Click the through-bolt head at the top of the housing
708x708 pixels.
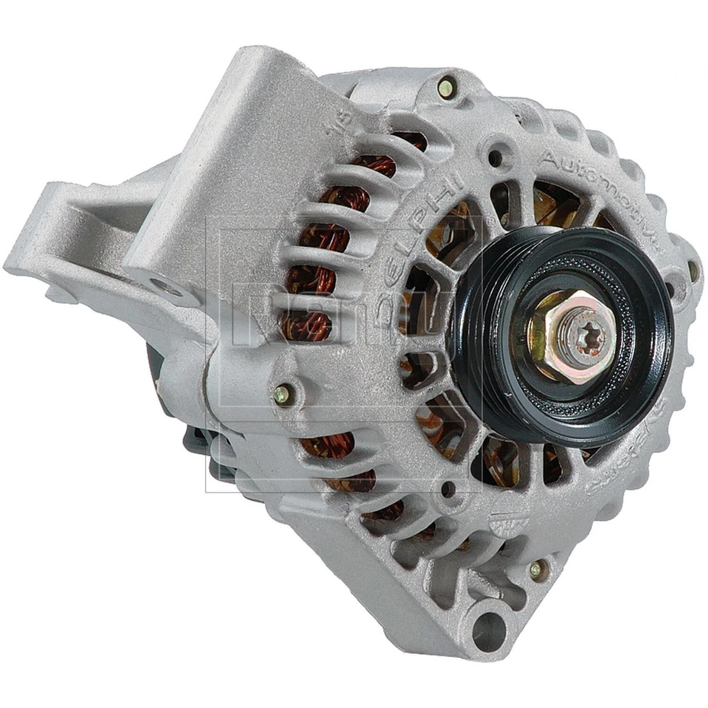[x=445, y=88]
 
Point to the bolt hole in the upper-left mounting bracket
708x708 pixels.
[x=167, y=288]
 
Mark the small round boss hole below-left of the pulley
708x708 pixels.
[x=447, y=488]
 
